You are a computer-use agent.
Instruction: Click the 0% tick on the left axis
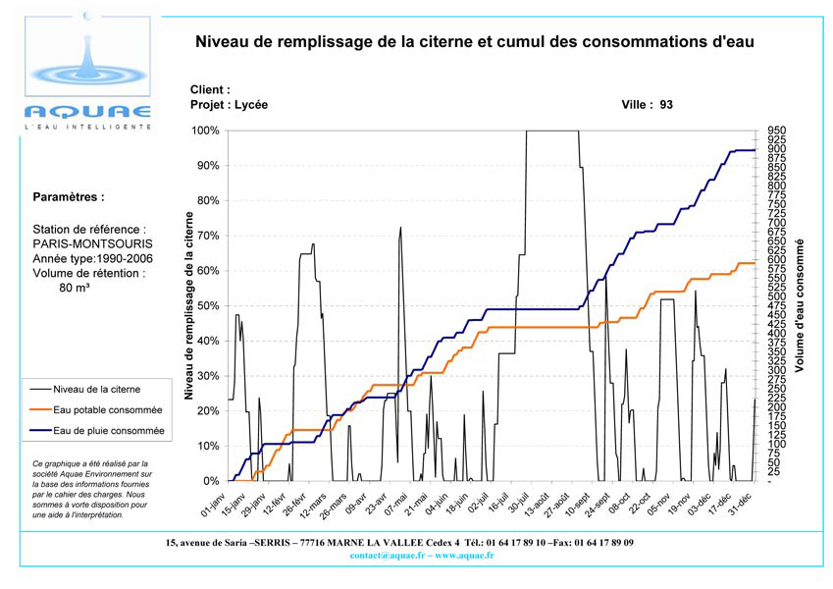click(210, 481)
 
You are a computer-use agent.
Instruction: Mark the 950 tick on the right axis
click(774, 131)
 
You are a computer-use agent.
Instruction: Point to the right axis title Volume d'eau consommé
click(800, 304)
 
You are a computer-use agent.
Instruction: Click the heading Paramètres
click(69, 196)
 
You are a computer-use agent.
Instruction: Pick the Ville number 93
click(666, 104)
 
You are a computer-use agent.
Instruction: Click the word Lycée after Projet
click(250, 104)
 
